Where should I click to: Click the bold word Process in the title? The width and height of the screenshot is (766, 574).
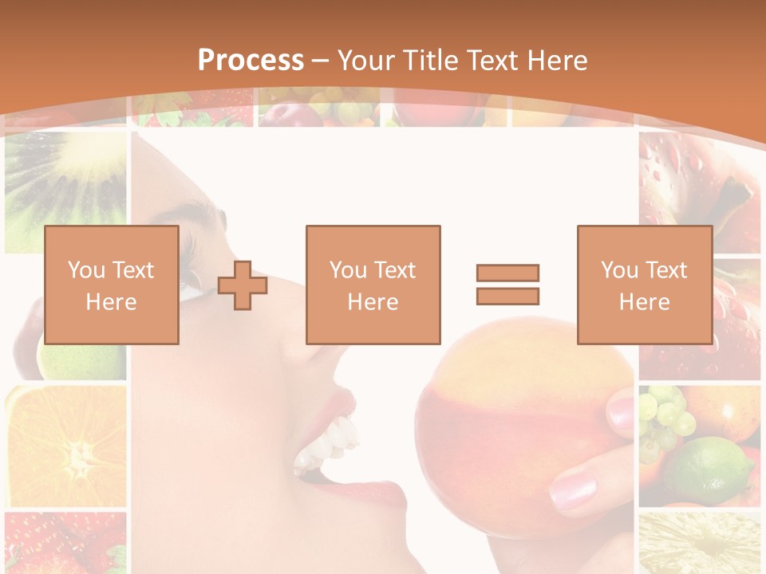click(251, 61)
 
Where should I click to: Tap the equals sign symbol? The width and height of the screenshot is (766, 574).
click(507, 285)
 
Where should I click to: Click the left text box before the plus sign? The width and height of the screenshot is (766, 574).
click(111, 285)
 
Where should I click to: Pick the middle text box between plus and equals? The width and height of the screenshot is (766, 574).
click(373, 285)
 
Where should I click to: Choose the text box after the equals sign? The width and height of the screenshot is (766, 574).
click(644, 285)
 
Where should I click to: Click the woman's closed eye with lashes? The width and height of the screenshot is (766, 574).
click(190, 271)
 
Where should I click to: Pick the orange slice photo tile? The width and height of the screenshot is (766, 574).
click(65, 446)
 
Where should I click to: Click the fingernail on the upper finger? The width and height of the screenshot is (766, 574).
click(620, 411)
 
